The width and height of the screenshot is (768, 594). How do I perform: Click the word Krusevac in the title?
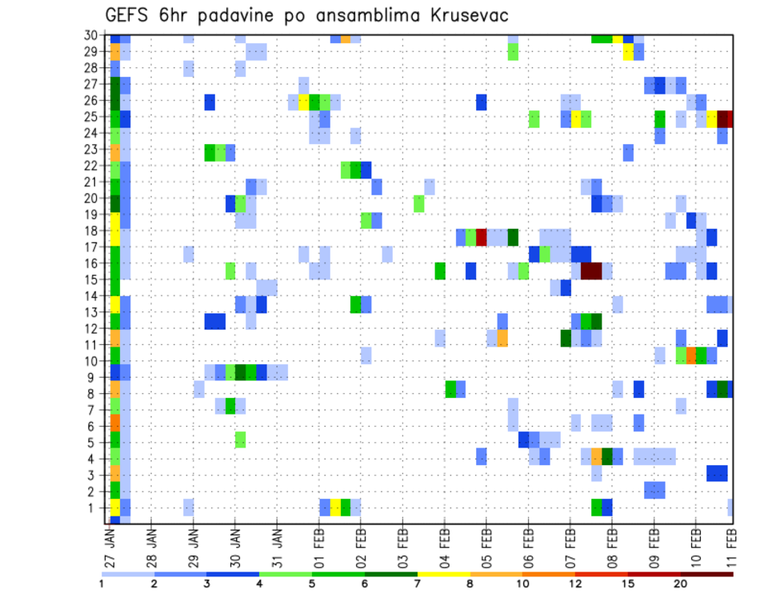[462, 15]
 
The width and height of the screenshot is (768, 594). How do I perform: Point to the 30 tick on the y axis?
[92, 35]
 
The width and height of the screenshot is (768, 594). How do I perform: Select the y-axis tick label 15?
[92, 280]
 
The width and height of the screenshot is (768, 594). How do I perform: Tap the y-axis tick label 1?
[95, 508]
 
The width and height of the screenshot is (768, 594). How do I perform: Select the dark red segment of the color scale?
[706, 574]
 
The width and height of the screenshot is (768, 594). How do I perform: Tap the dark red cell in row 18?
[482, 237]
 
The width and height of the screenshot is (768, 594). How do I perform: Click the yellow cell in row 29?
[628, 52]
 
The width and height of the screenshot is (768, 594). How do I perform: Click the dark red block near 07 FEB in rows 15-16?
[591, 271]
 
